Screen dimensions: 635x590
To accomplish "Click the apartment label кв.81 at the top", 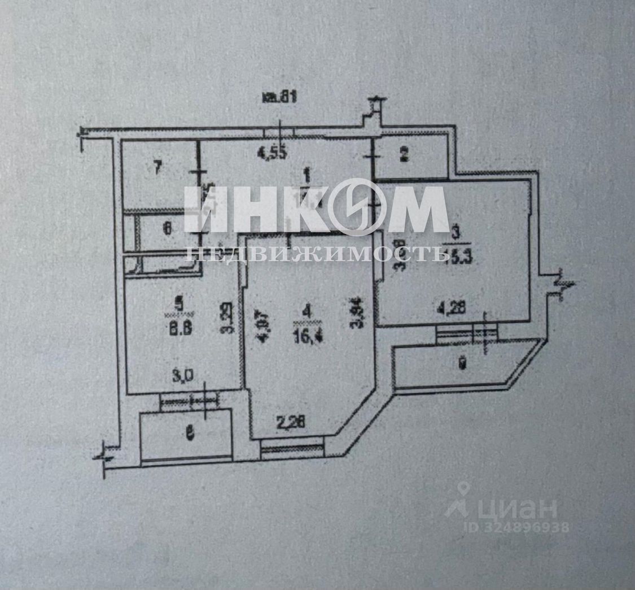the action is [x=279, y=97].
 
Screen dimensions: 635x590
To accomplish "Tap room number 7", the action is [x=158, y=167].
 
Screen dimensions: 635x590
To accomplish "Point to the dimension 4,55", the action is [x=273, y=152].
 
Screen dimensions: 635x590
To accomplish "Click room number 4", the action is [x=306, y=310].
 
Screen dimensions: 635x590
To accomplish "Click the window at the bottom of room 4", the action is [x=292, y=448].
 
